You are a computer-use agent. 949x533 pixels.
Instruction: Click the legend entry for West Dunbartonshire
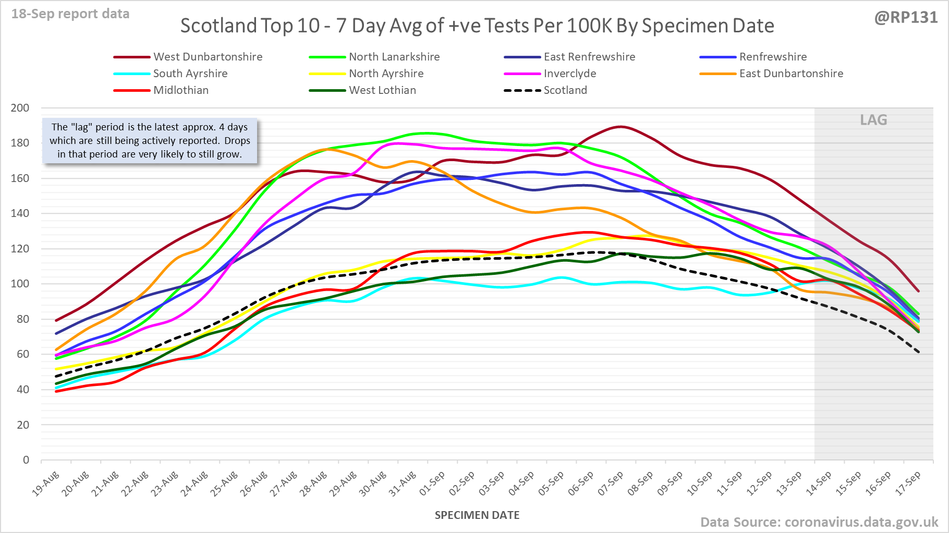click(x=208, y=57)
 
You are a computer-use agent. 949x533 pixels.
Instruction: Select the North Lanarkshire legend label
click(x=394, y=57)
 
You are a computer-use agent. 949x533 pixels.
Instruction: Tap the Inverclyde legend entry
click(x=569, y=74)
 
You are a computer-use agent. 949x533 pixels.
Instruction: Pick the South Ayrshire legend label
click(x=190, y=74)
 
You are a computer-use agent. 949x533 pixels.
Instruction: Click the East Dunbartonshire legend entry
click(x=790, y=74)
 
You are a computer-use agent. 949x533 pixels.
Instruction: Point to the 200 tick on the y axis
click(x=20, y=108)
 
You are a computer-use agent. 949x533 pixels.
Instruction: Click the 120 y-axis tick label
click(x=20, y=249)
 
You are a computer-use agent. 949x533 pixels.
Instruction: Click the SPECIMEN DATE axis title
click(x=477, y=515)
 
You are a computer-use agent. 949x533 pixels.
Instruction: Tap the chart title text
click(x=477, y=26)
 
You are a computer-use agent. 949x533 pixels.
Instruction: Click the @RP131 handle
click(x=906, y=17)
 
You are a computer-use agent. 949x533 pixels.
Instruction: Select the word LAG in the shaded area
click(x=873, y=120)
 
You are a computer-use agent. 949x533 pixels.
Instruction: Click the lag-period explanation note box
click(x=150, y=141)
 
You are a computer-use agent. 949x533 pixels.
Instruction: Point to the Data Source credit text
click(x=819, y=522)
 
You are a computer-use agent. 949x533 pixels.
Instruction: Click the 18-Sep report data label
click(x=70, y=14)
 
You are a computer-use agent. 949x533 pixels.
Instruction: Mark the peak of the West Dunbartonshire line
click(x=620, y=126)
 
